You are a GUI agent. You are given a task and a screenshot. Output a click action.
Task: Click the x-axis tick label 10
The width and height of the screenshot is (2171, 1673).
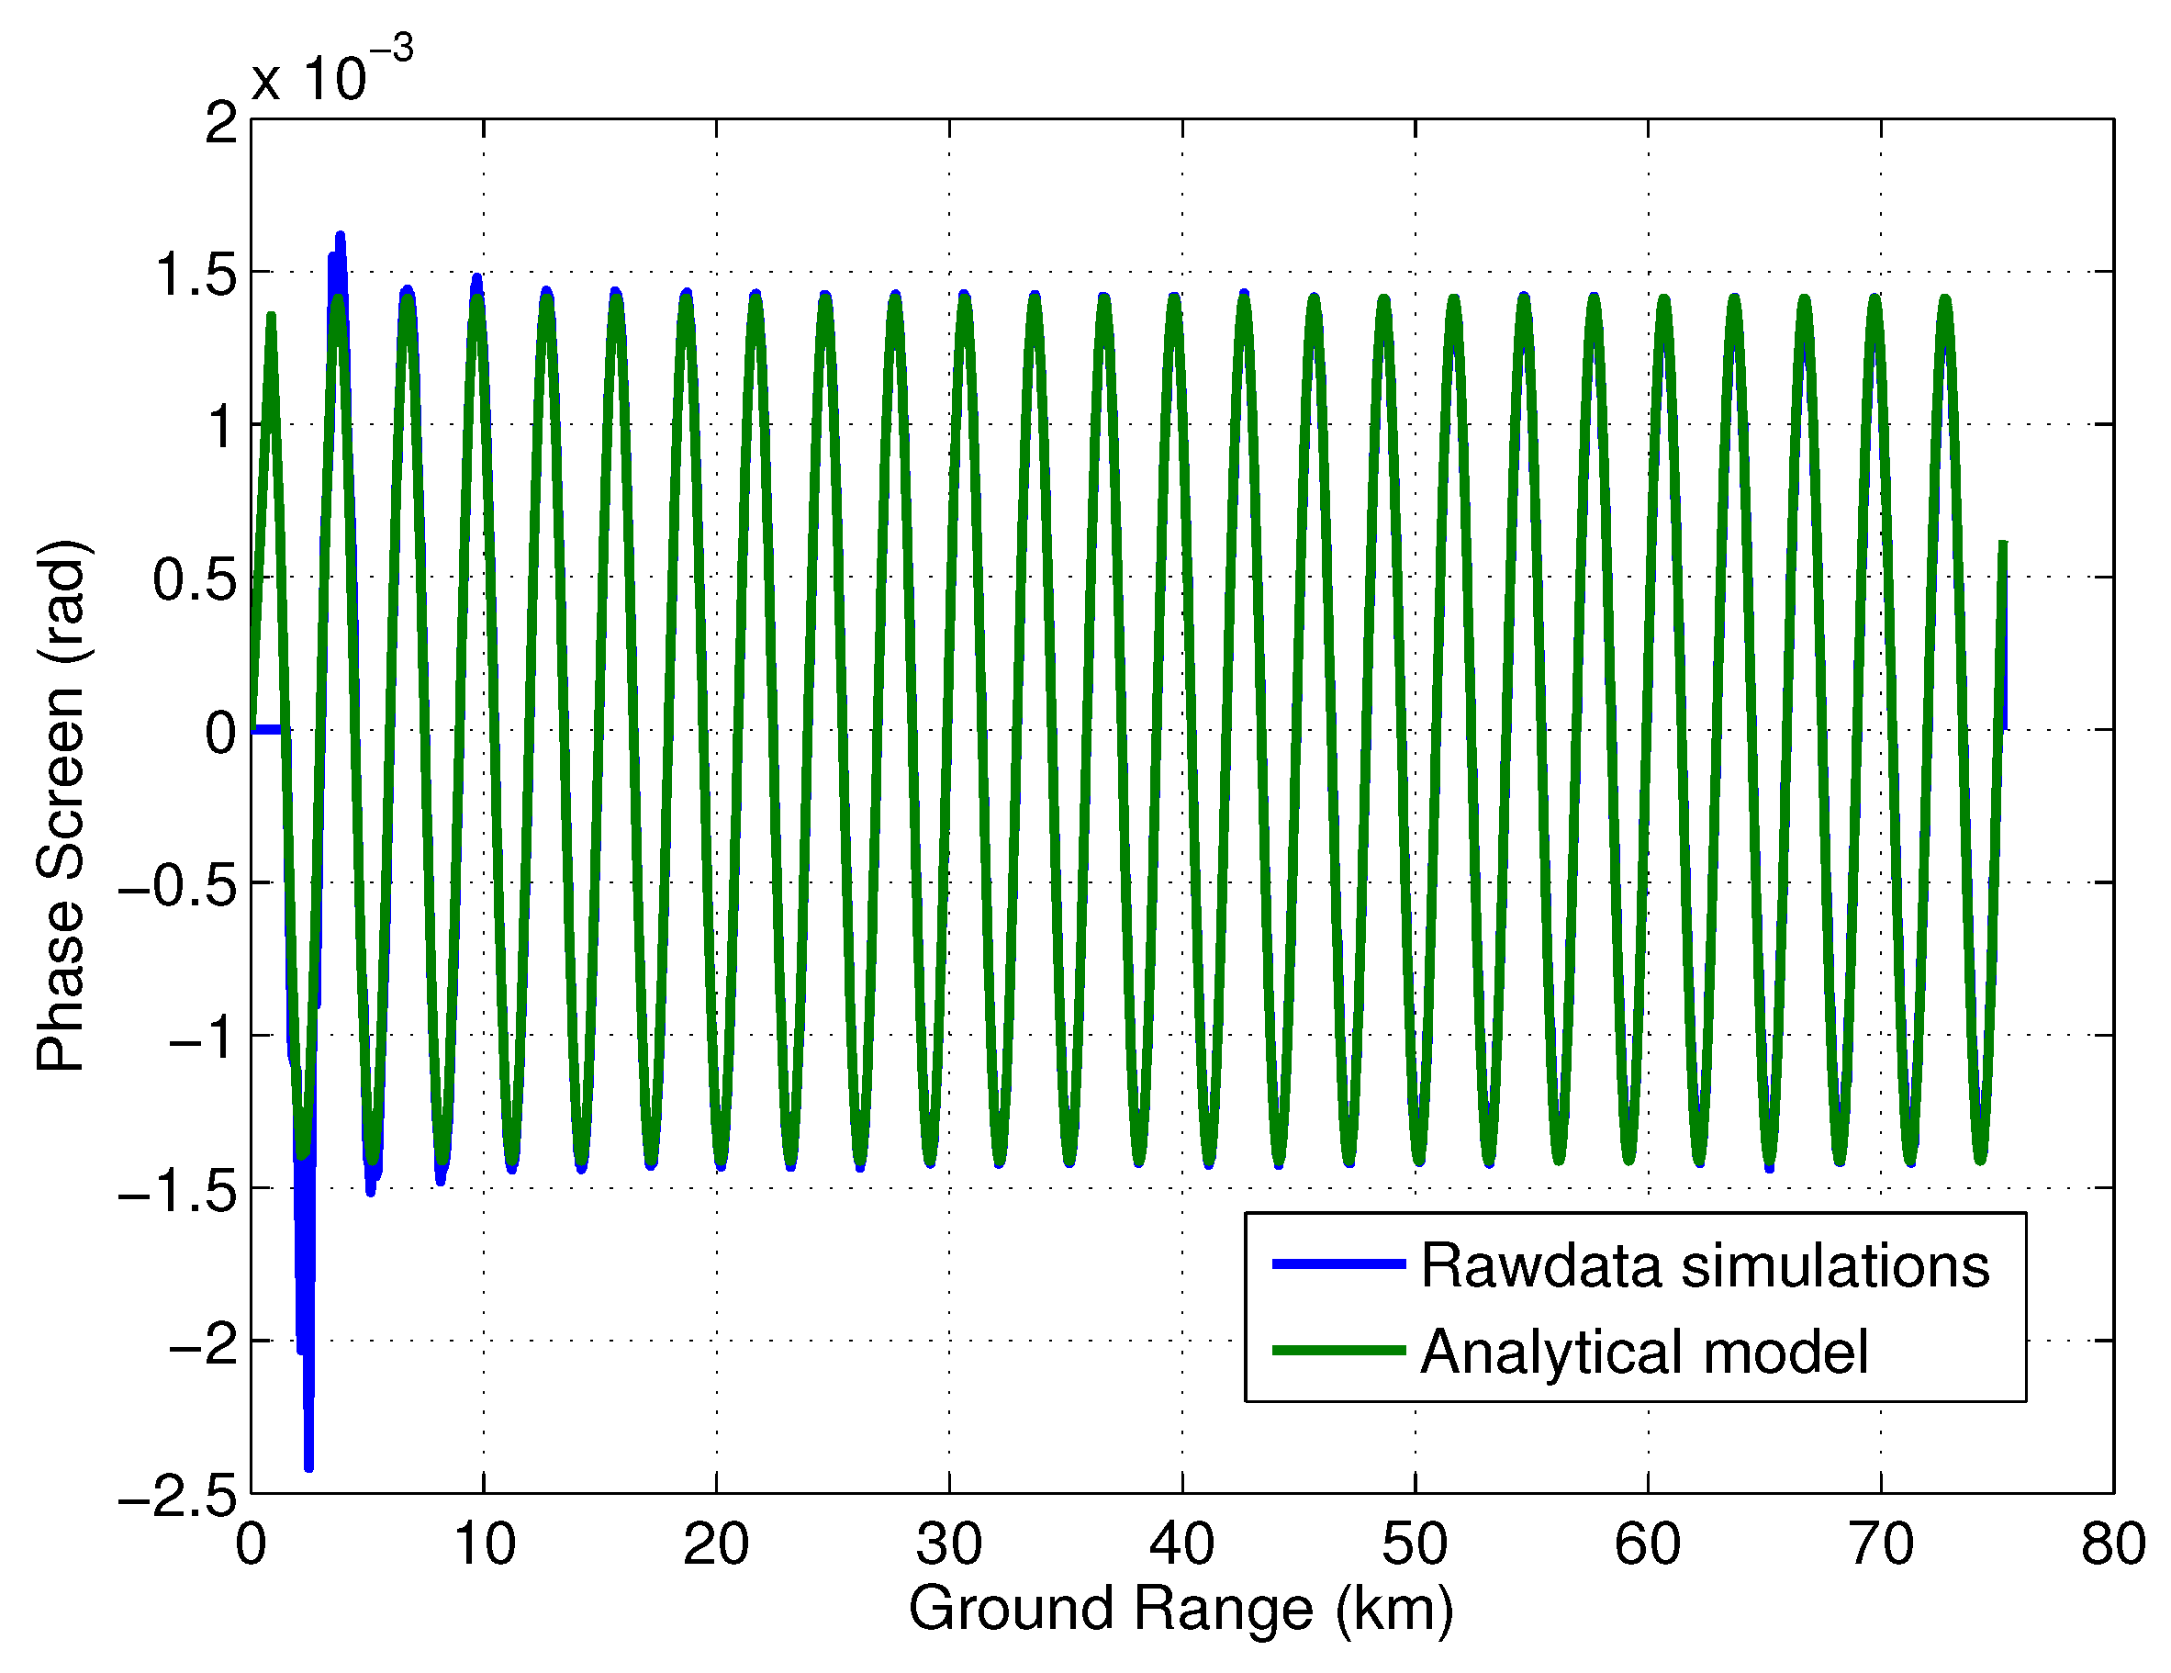[484, 1544]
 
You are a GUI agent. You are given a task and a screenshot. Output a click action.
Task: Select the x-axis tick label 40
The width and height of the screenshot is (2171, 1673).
[1182, 1544]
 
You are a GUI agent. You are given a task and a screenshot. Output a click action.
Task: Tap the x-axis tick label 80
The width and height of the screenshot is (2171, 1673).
[2112, 1544]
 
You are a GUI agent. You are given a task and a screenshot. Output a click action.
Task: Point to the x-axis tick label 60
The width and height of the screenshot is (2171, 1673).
[1647, 1544]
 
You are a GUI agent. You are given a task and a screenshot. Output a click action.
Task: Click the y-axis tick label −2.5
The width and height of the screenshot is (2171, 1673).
[179, 1494]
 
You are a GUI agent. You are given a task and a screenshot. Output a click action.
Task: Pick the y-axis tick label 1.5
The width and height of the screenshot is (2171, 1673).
[196, 275]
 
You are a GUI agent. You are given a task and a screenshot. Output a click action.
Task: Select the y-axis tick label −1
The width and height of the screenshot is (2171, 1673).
[204, 1038]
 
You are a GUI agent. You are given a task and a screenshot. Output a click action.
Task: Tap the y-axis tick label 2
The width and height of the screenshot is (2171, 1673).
[220, 123]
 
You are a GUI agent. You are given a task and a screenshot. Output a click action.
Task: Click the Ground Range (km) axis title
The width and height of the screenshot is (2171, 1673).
[1181, 1609]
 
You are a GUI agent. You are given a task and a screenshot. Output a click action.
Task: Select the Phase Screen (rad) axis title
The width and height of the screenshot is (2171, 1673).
[62, 805]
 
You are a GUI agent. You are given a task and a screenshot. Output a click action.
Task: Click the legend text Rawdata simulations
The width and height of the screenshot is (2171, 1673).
[1705, 1265]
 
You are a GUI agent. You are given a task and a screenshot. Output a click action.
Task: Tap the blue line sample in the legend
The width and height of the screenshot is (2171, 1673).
[1339, 1263]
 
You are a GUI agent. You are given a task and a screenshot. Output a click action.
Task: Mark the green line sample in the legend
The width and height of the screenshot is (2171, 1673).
[1339, 1350]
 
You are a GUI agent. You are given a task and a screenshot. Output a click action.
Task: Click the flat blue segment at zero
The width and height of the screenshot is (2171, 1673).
[266, 731]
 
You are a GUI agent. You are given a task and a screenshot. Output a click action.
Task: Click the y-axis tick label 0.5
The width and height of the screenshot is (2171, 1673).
[195, 579]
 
